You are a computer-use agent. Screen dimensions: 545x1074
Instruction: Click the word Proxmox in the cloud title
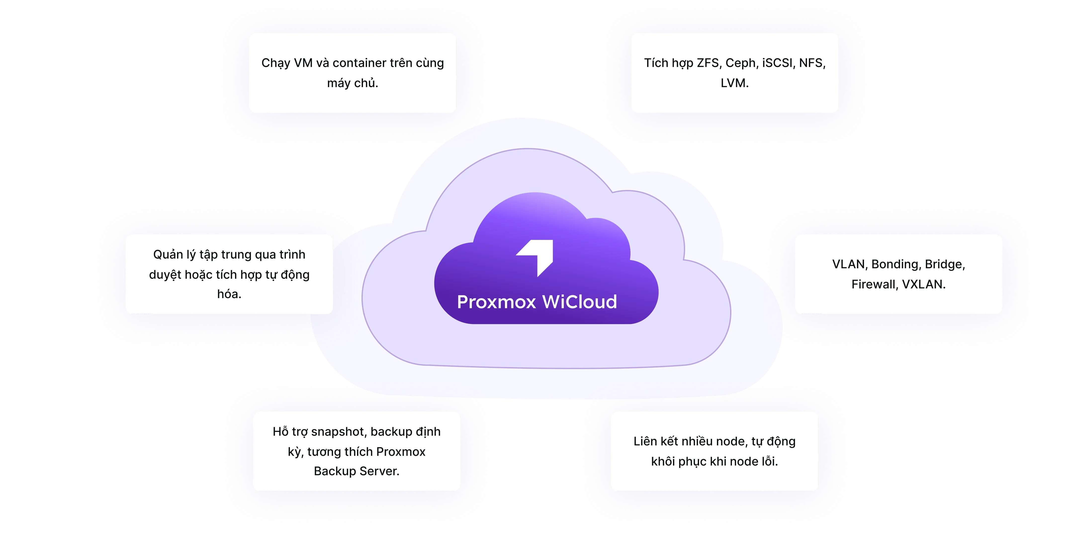click(496, 302)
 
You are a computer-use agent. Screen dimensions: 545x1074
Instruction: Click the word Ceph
click(741, 63)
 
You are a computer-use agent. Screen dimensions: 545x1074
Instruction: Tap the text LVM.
click(734, 83)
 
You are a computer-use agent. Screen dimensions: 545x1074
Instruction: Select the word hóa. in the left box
click(229, 294)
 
